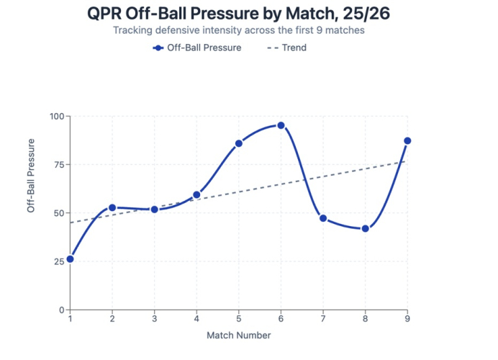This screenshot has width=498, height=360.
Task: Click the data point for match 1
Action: click(x=70, y=258)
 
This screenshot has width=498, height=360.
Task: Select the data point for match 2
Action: click(x=112, y=207)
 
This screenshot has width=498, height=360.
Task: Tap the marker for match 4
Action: click(x=196, y=194)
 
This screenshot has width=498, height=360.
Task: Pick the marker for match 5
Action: click(x=239, y=143)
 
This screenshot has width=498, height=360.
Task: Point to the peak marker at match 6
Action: click(x=281, y=125)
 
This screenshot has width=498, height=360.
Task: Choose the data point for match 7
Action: click(x=323, y=218)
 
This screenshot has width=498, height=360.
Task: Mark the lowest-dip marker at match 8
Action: click(x=366, y=228)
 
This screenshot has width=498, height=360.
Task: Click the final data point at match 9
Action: click(x=407, y=141)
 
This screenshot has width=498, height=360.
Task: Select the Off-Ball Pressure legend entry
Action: click(x=197, y=48)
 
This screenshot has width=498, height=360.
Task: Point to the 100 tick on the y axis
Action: click(x=56, y=116)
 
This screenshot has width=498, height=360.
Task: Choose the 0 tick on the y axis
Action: click(x=61, y=310)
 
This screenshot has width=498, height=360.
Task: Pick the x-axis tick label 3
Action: click(x=155, y=318)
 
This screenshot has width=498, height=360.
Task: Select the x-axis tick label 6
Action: click(x=281, y=318)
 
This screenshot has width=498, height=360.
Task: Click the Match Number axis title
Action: click(x=239, y=336)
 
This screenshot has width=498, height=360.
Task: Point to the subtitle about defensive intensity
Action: click(x=239, y=31)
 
